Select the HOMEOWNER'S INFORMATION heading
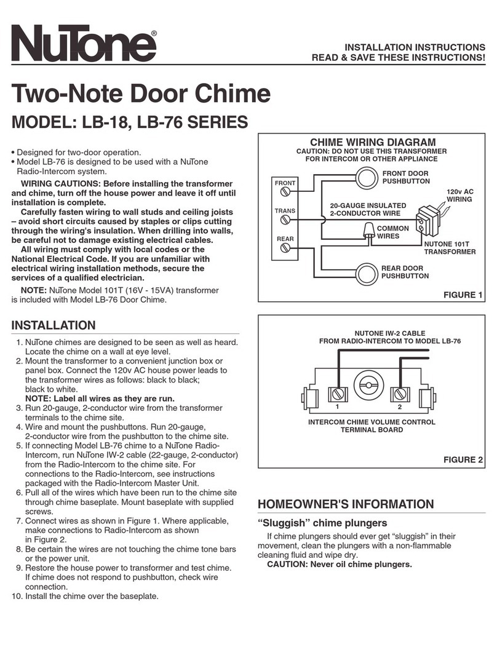(346, 504)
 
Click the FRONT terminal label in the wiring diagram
(285, 183)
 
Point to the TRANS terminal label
(285, 211)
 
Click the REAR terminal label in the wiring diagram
(285, 238)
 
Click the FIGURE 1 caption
(462, 295)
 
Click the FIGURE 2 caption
(462, 459)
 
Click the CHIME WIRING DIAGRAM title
(372, 143)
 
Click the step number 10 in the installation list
(17, 596)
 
